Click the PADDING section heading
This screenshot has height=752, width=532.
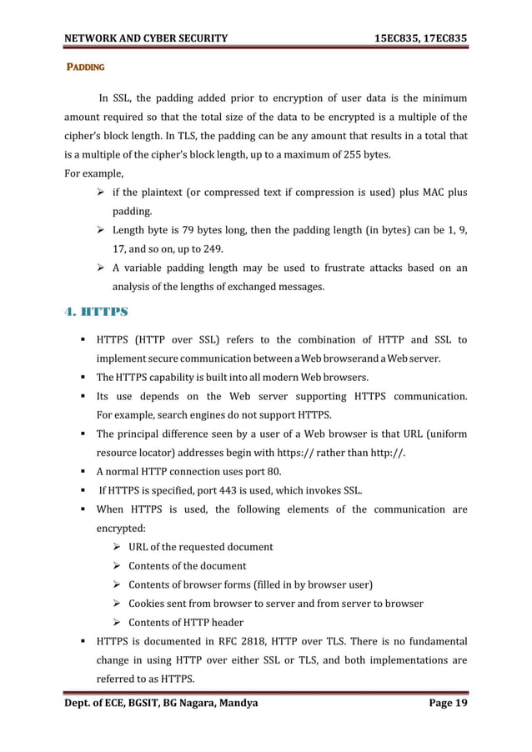84,66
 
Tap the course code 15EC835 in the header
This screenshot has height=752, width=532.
404,14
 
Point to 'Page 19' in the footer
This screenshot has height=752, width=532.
447,704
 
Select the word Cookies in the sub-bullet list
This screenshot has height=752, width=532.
148,603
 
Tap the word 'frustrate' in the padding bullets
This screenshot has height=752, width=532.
341,268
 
